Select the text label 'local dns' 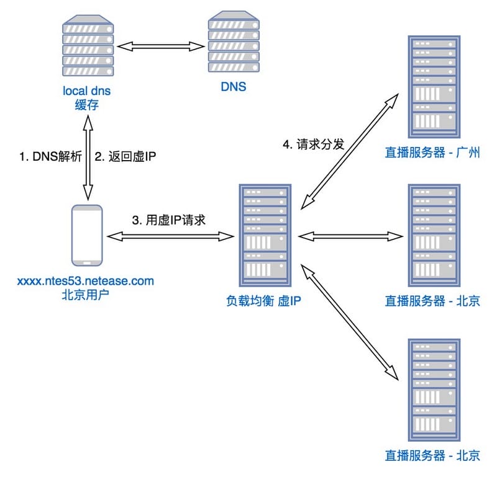tap(86, 91)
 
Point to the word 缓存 tap(86, 105)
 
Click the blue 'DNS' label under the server tap(233, 87)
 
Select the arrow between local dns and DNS tap(160, 46)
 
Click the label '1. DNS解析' tap(50, 157)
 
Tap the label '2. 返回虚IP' tap(124, 157)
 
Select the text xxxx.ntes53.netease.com tap(86, 281)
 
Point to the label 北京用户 tap(86, 294)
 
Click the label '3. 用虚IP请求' tap(169, 220)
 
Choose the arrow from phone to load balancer tap(169, 236)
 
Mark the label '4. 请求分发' tap(314, 145)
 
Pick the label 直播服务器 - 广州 tap(432, 152)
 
